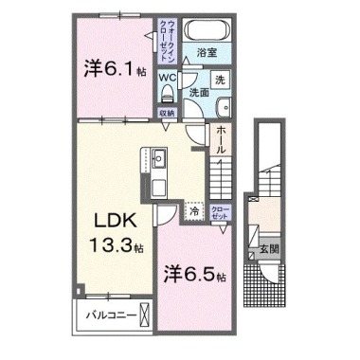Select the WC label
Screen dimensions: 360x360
(x=167, y=77)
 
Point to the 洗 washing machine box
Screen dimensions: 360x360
(x=219, y=80)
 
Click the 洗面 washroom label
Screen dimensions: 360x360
(x=198, y=94)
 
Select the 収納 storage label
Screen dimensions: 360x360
(x=167, y=113)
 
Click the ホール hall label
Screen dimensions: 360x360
(x=221, y=141)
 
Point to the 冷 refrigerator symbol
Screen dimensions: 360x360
(x=194, y=212)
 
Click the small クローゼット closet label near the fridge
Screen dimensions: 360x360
(x=220, y=212)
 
